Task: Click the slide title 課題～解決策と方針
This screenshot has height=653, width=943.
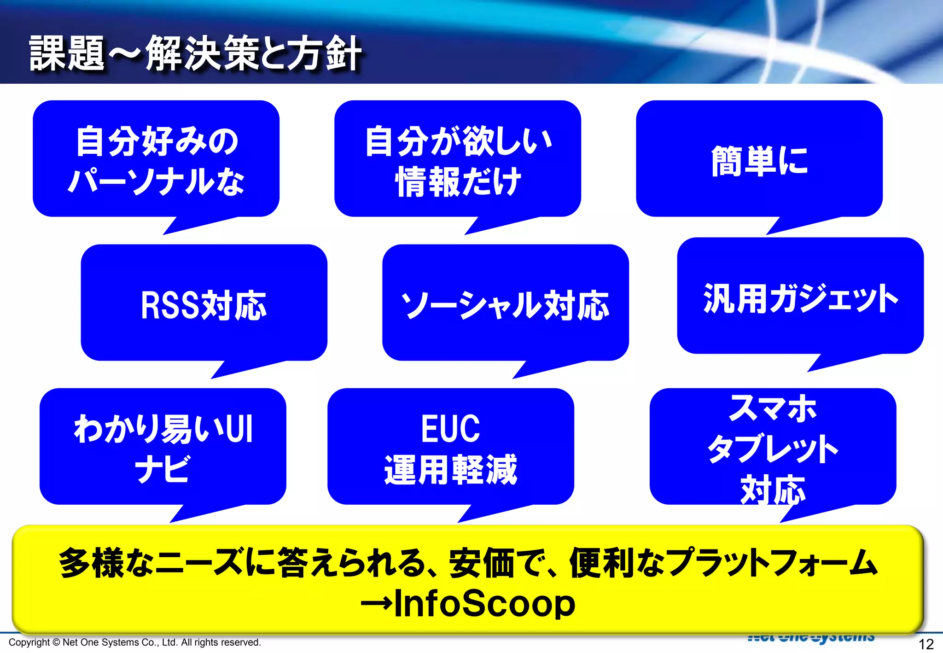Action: [x=196, y=54]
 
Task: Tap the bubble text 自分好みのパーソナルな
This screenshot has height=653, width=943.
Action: [x=156, y=161]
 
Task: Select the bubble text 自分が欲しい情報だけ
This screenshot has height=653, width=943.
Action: [x=458, y=161]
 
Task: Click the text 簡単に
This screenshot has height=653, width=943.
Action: [x=759, y=161]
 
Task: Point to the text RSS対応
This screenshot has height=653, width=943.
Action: [x=204, y=305]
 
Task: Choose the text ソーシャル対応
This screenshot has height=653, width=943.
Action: [x=505, y=305]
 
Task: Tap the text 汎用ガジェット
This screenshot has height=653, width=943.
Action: [x=800, y=298]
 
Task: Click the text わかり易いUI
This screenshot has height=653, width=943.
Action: [x=163, y=429]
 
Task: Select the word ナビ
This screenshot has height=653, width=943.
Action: [x=162, y=469]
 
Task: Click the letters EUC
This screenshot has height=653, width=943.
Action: [x=450, y=429]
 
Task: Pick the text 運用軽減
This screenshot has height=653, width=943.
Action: [x=450, y=470]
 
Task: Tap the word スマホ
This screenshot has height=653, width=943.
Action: [x=773, y=408]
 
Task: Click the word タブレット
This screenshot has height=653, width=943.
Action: [x=773, y=449]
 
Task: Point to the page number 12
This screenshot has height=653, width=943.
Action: [x=926, y=644]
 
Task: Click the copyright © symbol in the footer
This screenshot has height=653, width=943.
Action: [x=56, y=642]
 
